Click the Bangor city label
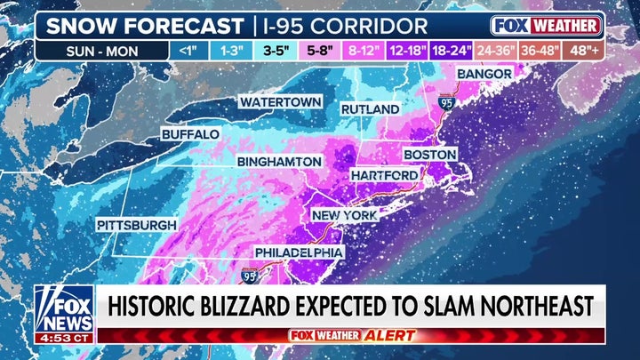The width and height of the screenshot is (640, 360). tap(484, 73)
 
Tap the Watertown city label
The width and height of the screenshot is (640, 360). tap(279, 102)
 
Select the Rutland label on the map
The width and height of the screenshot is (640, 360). tap(371, 108)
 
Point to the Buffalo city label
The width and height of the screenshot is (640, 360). tap(190, 134)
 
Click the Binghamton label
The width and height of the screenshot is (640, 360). tap(279, 161)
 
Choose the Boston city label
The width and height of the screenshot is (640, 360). tap(430, 154)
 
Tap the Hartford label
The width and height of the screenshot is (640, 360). tap(384, 175)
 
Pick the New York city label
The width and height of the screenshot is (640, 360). tap(344, 215)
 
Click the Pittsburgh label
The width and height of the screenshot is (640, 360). tap(137, 225)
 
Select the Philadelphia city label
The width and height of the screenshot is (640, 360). tap(299, 252)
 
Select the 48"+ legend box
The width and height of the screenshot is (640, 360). tap(585, 50)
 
